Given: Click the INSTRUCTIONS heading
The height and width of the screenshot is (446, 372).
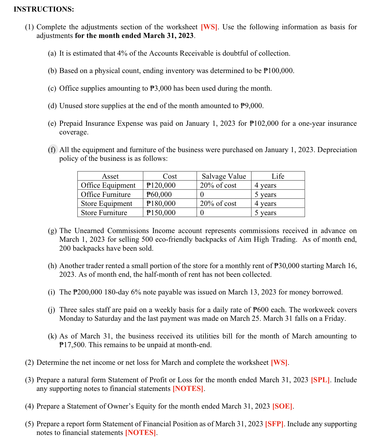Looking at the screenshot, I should click(x=44, y=9).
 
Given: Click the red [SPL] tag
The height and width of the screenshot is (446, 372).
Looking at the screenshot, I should click(x=320, y=380).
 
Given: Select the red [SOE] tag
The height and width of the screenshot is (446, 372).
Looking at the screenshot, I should click(x=282, y=406).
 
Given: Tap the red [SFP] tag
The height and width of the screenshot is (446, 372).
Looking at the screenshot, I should click(x=274, y=424).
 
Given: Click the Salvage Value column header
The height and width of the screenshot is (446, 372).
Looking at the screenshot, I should click(x=224, y=176).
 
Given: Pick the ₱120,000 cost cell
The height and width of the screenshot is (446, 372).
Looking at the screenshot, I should click(x=161, y=185).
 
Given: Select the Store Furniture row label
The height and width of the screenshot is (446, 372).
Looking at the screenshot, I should click(x=104, y=213).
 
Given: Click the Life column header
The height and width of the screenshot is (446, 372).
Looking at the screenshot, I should click(x=278, y=176).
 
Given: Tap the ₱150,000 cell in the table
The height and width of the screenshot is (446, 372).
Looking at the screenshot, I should click(x=161, y=213).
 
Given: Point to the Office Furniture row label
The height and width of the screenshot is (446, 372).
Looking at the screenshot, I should click(x=106, y=195).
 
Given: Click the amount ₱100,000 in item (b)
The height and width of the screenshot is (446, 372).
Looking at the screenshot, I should click(x=278, y=71).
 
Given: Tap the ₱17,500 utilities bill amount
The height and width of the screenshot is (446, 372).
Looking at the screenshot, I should click(x=72, y=345).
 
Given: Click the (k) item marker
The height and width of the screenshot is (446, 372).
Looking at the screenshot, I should click(x=52, y=336).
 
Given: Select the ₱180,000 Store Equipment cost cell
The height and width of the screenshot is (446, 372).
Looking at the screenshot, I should click(x=161, y=203).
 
